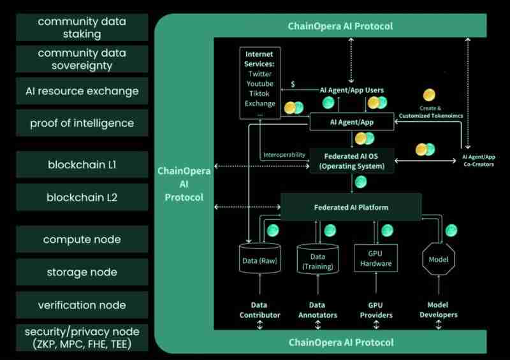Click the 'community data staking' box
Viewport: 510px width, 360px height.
click(82, 28)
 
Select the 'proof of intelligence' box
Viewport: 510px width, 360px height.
click(82, 123)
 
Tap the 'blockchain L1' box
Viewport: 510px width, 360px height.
click(82, 165)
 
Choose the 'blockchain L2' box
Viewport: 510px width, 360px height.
click(82, 198)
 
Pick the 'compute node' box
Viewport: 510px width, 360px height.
click(82, 240)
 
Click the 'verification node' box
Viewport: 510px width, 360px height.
click(82, 305)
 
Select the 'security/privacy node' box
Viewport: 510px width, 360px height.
click(82, 338)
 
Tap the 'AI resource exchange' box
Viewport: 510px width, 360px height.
click(82, 90)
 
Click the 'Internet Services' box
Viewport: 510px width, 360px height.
click(259, 82)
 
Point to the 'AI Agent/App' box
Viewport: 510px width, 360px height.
click(351, 121)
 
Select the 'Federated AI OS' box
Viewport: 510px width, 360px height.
click(351, 161)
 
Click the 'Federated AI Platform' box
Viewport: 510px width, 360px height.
click(351, 207)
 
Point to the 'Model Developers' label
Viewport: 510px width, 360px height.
click(439, 310)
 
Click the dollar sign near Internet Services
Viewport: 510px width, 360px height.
click(292, 84)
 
